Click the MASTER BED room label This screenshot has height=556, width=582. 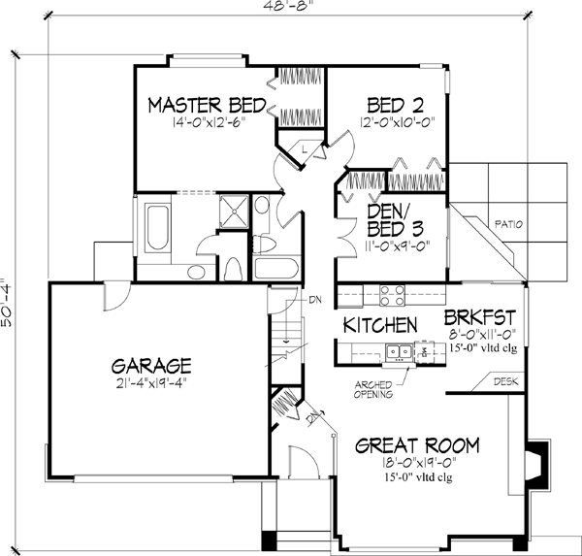click(202, 104)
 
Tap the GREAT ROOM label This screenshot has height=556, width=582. click(417, 446)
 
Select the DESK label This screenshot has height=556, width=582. click(505, 382)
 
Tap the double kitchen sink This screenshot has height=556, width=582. click(396, 353)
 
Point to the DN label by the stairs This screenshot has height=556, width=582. click(314, 300)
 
